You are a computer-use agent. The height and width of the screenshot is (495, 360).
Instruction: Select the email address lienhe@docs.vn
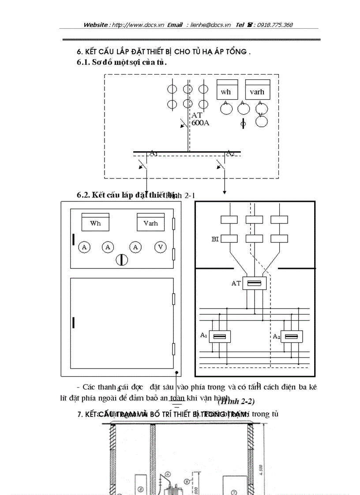[210, 25]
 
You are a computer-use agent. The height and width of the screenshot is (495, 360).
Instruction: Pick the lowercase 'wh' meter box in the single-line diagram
[226, 91]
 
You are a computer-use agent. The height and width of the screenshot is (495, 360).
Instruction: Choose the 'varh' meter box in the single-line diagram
[257, 91]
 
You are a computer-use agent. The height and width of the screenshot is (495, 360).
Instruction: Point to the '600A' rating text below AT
[200, 123]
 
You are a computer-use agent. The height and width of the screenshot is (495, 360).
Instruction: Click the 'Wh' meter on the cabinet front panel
[95, 223]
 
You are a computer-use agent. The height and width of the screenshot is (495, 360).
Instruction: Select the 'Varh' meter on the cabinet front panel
[150, 223]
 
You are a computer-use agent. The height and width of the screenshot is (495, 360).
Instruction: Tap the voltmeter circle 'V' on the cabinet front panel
[161, 247]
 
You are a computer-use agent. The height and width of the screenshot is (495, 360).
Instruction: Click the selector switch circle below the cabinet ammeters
[121, 260]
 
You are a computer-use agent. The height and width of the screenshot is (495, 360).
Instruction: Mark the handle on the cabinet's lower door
[73, 323]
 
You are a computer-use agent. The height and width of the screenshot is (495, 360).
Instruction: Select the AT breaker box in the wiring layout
[254, 283]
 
